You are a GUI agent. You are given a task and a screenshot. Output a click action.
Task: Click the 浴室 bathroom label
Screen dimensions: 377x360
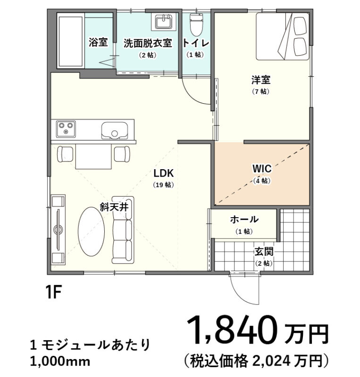(98, 43)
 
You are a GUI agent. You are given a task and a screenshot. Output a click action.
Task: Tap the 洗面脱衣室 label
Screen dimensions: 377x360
(147, 43)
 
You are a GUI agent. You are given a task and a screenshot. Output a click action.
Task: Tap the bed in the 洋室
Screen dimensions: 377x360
(282, 37)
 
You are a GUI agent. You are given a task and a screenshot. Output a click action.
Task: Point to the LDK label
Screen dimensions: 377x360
(163, 172)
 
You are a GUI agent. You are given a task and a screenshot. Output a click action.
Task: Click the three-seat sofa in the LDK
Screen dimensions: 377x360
(123, 230)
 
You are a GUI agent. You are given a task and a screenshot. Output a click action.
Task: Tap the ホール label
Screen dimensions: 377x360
(244, 219)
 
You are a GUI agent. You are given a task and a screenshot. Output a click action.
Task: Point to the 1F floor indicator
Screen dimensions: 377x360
(54, 292)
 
